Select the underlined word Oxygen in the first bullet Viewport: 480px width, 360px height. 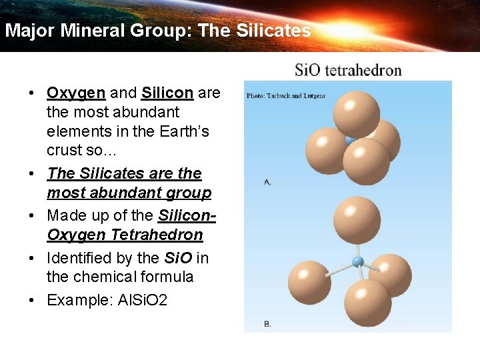(x=75, y=93)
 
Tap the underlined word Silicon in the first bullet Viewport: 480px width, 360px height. (x=167, y=93)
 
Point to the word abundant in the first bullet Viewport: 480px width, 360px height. (x=147, y=112)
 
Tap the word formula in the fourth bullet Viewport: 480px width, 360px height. (x=167, y=277)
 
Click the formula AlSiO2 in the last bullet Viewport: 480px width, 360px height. (x=143, y=300)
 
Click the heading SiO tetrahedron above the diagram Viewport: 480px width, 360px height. (x=348, y=70)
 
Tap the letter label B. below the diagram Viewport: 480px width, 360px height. (x=267, y=323)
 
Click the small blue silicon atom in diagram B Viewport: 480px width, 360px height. (x=358, y=261)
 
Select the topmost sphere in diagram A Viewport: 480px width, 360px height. (x=356, y=115)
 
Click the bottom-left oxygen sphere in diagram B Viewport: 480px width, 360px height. (x=310, y=283)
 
